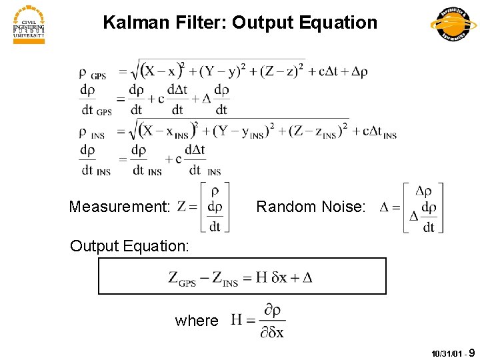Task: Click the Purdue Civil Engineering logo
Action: point(29,25)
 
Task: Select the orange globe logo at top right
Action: point(454,25)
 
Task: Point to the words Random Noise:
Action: point(311,207)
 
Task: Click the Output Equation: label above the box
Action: point(130,246)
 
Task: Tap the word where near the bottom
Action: point(197,321)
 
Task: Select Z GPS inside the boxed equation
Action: point(181,279)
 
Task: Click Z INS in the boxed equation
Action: point(223,279)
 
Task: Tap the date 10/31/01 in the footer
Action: point(445,353)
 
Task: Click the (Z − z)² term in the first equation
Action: point(283,71)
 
